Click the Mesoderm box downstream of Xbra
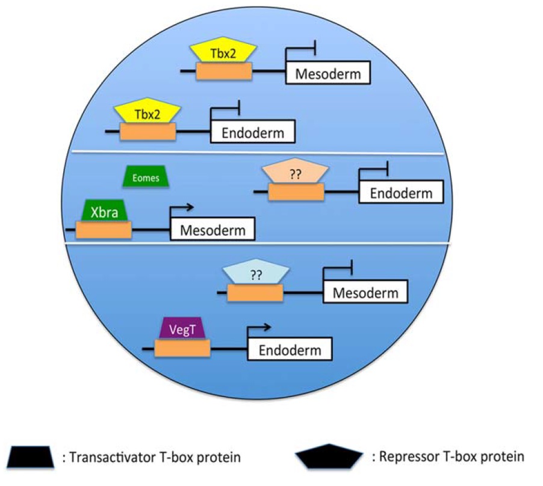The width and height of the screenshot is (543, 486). tap(213, 229)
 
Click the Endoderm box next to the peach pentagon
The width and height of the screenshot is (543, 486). tap(401, 192)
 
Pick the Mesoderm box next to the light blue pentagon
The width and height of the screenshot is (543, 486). tap(365, 293)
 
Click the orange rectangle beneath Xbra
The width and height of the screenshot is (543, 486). tap(103, 229)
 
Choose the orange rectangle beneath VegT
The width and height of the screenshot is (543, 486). tap(182, 348)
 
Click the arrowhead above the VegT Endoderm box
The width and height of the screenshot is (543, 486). tap(266, 328)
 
